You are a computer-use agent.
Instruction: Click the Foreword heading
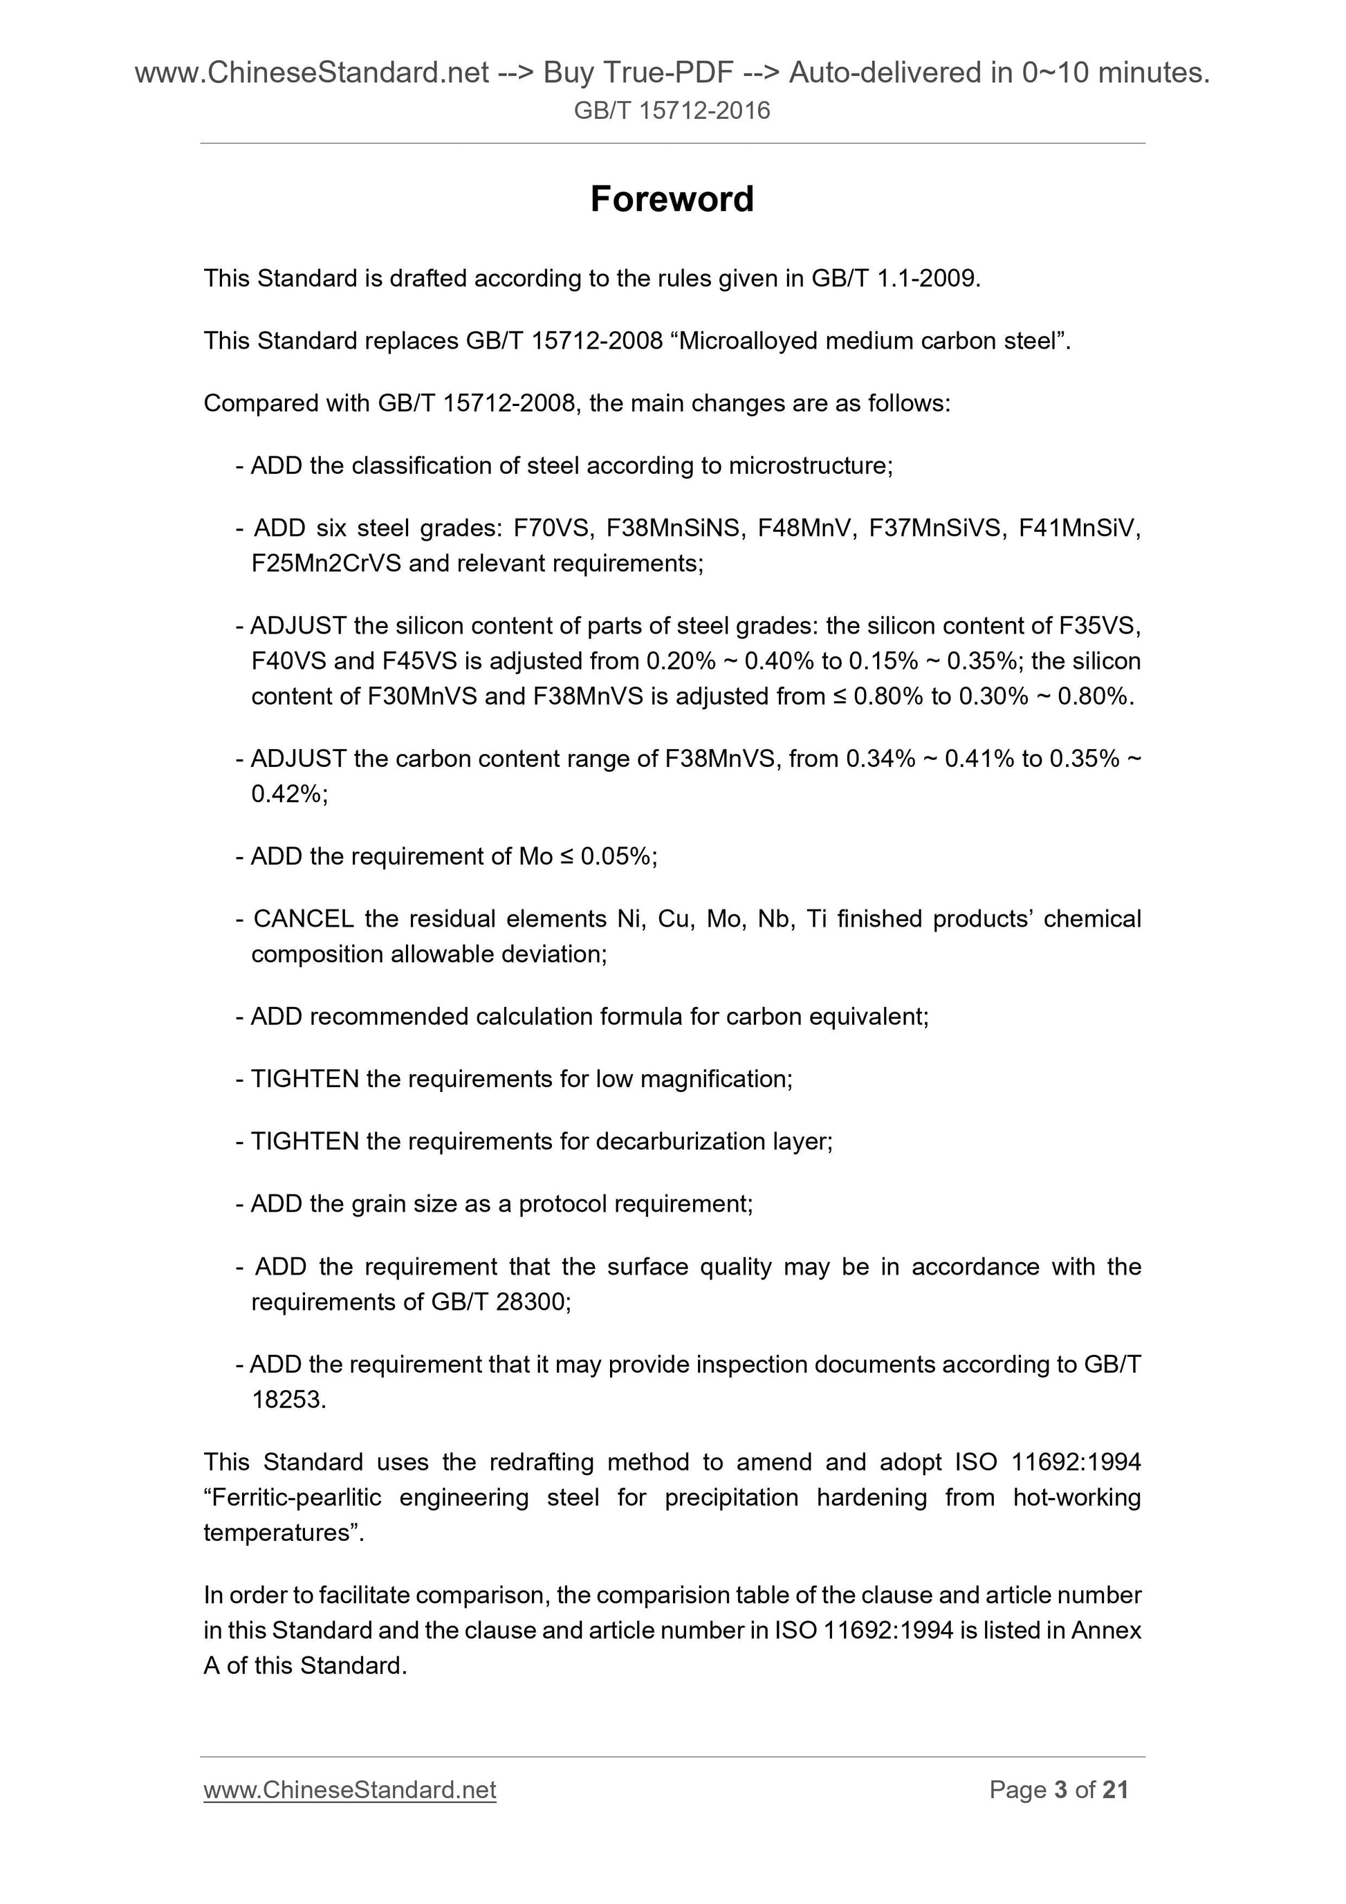pyautogui.click(x=672, y=199)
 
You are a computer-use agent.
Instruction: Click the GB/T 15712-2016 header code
pyautogui.click(x=672, y=110)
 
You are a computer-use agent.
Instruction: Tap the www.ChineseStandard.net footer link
pyautogui.click(x=349, y=1790)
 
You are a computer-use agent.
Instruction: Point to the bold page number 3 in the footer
pyautogui.click(x=1060, y=1790)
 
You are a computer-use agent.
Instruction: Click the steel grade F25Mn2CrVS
pyautogui.click(x=326, y=563)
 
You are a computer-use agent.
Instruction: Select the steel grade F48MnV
pyautogui.click(x=809, y=528)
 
